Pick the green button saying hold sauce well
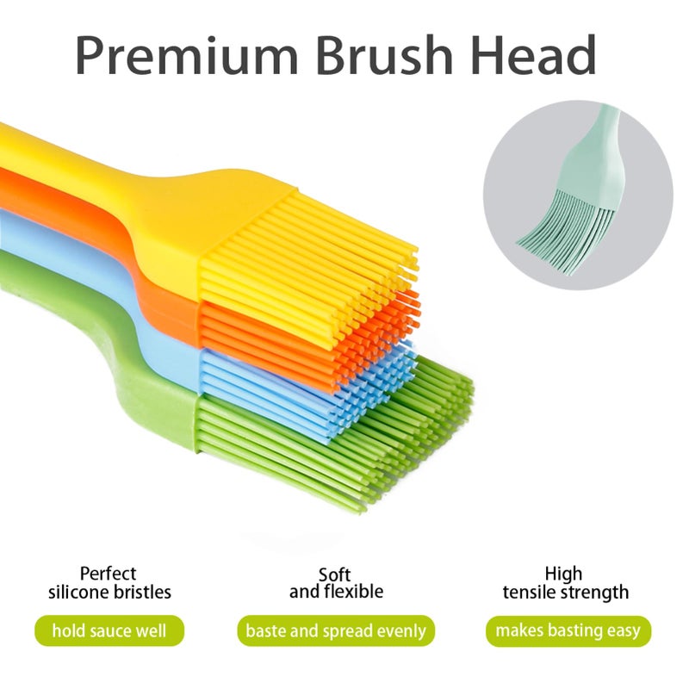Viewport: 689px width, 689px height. (109, 630)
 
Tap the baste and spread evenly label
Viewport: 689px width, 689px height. (336, 630)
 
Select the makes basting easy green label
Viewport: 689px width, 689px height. (567, 630)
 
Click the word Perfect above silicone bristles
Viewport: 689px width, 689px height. (109, 574)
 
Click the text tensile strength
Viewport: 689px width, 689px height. (566, 593)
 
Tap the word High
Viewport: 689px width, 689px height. (563, 574)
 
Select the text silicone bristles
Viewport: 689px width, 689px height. (109, 593)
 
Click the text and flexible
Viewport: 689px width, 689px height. (336, 592)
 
